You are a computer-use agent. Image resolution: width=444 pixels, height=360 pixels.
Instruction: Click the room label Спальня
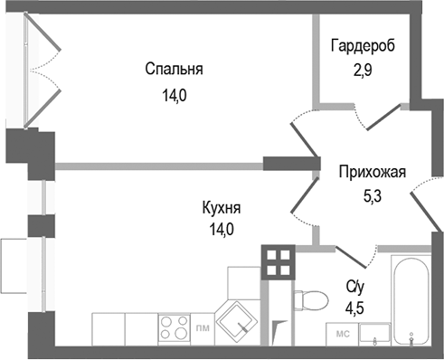[174, 69]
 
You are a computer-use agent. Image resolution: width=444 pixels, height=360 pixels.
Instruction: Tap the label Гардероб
[363, 45]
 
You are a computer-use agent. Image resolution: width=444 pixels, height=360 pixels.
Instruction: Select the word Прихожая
[373, 171]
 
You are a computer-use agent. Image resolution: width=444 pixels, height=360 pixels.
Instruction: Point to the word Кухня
[221, 209]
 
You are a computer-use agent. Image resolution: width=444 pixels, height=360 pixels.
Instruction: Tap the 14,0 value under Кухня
[221, 230]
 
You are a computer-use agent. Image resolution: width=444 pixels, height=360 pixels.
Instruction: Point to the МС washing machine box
[344, 333]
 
